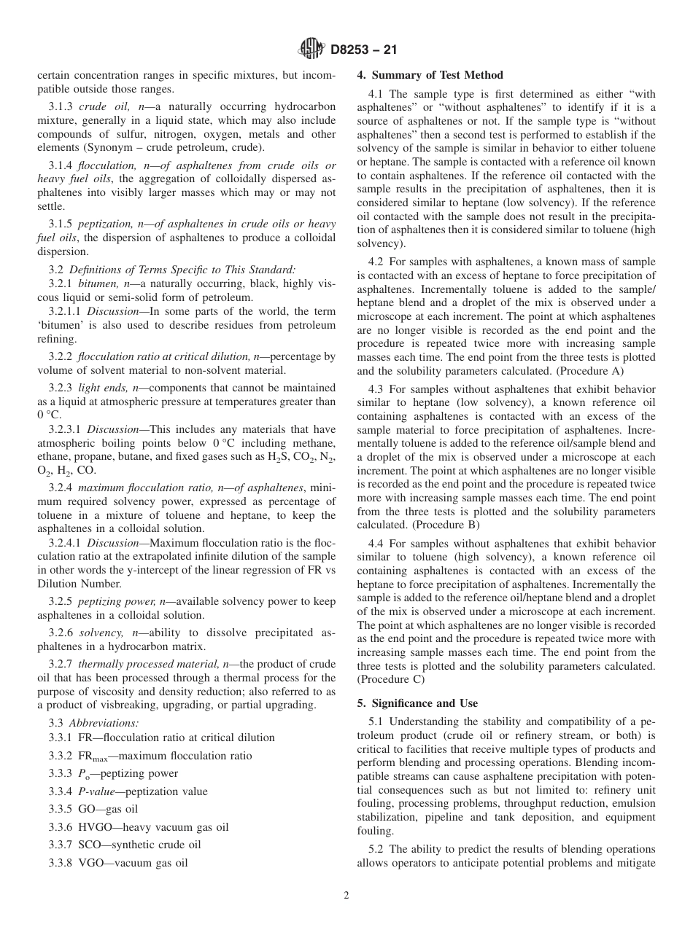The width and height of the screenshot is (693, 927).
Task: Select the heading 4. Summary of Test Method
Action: tap(430, 75)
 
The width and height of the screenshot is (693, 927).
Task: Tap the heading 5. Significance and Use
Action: tap(417, 703)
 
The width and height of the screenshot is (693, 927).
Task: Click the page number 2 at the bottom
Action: tap(346, 896)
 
